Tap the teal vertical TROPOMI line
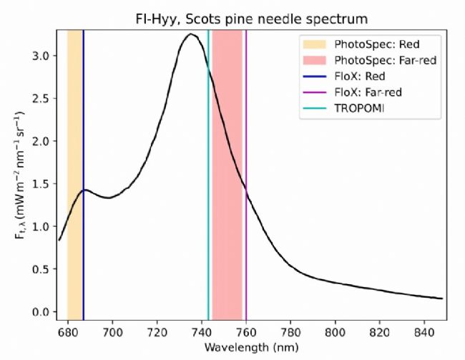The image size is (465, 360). (208, 215)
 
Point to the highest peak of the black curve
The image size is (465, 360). (190, 34)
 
